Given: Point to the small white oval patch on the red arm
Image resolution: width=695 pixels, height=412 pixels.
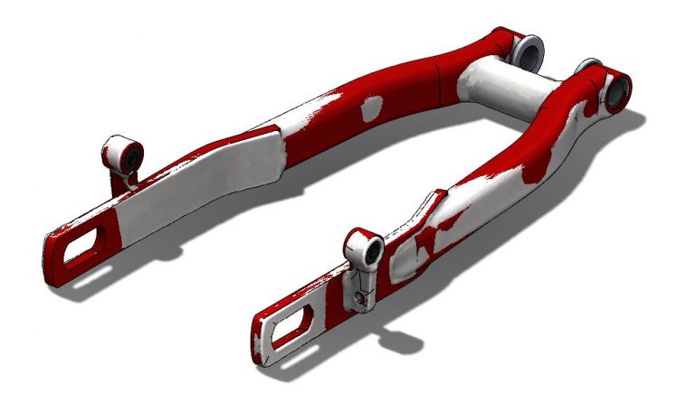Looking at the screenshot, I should click(x=371, y=109).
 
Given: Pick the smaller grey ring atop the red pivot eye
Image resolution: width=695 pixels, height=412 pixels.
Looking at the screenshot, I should click(x=590, y=65).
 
